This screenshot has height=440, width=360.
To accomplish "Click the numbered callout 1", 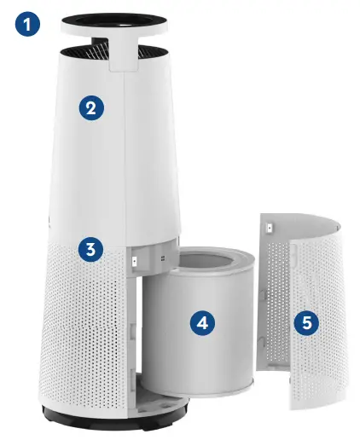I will (x=27, y=25).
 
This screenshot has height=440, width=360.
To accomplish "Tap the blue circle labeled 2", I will (x=92, y=108).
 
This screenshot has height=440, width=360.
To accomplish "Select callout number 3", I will (x=91, y=250).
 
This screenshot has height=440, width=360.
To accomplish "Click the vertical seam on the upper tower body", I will (x=127, y=153).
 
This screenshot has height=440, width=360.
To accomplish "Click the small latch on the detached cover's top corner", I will (x=269, y=228).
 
